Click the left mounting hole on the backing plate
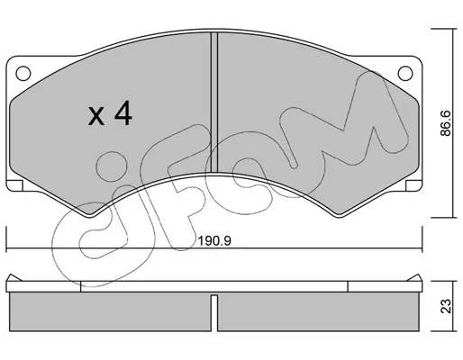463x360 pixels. (23, 73)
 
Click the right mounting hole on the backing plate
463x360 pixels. (405, 73)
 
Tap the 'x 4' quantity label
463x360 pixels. (110, 113)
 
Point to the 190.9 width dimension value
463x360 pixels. (214, 241)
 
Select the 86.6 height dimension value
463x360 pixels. (446, 123)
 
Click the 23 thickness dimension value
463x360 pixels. (446, 306)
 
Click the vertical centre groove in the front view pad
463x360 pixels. (214, 103)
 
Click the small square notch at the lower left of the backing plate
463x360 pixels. (14, 185)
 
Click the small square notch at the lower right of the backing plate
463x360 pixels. (413, 185)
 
